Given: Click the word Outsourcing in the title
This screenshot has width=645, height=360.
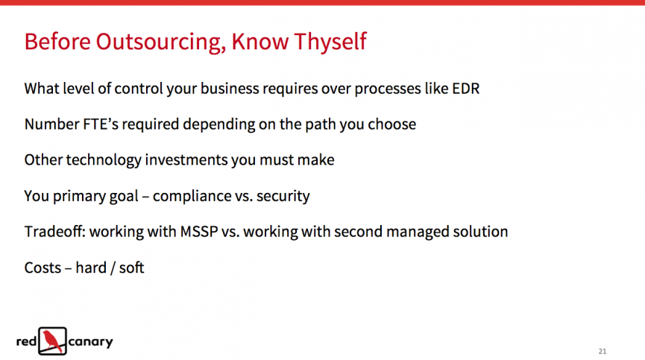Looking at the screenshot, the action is tap(161, 42).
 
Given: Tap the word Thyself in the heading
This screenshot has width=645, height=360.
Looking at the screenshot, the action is tap(330, 42).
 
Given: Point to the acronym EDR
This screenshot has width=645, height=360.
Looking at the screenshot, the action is tap(465, 89).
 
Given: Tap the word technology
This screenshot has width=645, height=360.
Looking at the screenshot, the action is tap(104, 160).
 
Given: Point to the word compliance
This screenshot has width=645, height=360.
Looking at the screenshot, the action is tap(191, 197).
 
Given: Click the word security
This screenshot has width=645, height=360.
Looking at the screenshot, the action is tap(283, 197).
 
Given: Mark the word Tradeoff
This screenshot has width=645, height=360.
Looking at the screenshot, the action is tap(54, 232).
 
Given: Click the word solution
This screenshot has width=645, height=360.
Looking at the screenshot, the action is tap(480, 232).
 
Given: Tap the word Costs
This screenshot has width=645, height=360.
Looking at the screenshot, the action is tap(43, 268).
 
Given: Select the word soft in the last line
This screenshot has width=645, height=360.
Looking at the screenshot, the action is tap(132, 268).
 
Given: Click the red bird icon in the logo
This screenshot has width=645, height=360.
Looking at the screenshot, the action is tap(53, 341).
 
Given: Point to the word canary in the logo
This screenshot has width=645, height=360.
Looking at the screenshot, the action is tap(90, 342).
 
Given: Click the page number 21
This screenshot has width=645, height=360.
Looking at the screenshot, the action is tap(602, 351).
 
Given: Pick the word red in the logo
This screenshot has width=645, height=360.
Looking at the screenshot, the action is tap(26, 341).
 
